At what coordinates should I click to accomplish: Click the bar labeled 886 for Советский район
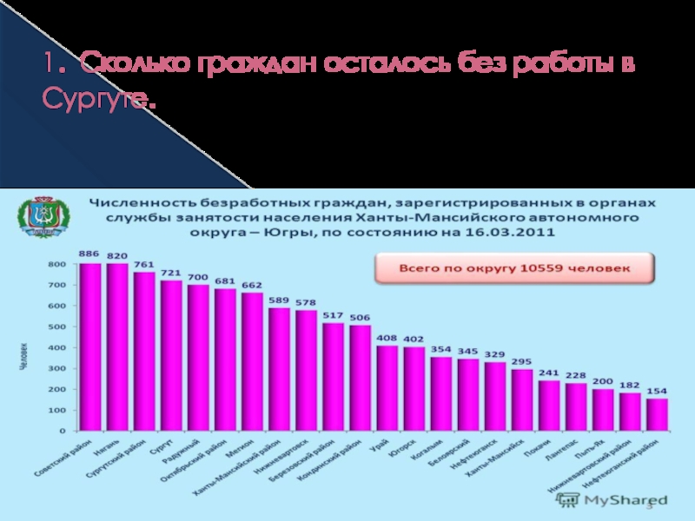coord(90,346)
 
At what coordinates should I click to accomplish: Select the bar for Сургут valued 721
coord(171,355)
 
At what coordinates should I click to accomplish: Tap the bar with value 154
coord(658,414)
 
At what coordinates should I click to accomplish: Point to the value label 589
coord(280,300)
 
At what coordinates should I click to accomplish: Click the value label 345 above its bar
coord(468,352)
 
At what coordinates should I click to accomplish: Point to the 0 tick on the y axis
coord(63,431)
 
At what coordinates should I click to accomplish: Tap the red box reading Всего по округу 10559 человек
coord(514,268)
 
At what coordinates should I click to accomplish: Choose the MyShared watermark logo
coord(612,500)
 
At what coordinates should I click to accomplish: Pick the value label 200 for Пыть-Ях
coord(603,381)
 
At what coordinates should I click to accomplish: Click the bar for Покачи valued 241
coord(549,406)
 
